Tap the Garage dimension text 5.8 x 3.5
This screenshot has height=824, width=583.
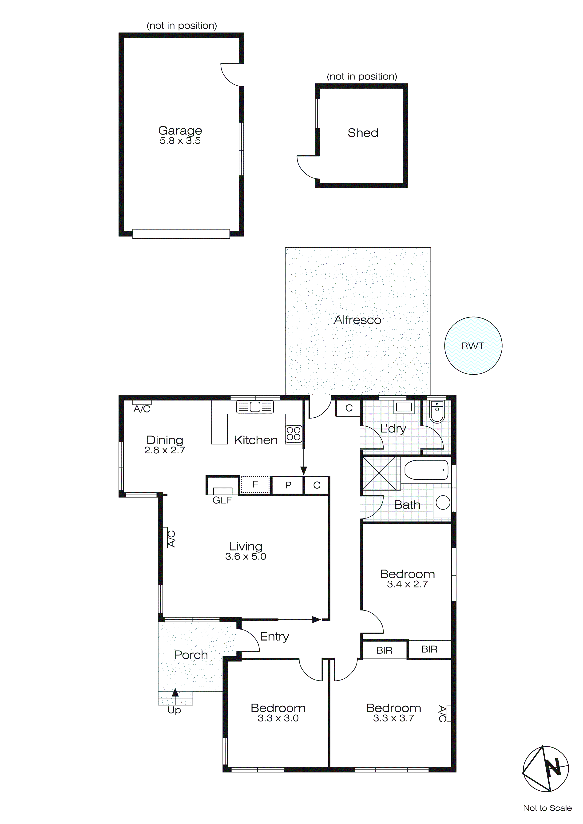tap(180, 141)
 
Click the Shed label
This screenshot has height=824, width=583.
tap(363, 133)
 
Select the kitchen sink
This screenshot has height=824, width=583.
tap(255, 407)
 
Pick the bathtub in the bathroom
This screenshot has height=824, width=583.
tap(426, 470)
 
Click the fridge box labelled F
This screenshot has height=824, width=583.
tap(255, 484)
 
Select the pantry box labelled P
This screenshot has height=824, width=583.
tap(288, 485)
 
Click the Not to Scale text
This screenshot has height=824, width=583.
tap(547, 808)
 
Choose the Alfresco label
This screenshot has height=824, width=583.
tap(357, 320)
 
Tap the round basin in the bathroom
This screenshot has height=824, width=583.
tap(443, 503)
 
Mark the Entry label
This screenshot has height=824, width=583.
tap(274, 636)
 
